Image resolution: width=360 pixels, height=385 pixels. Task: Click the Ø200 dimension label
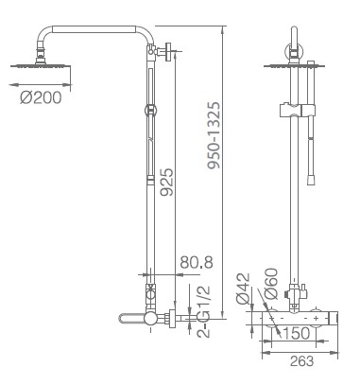(41, 97)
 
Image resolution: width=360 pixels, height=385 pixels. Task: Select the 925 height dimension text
(166, 182)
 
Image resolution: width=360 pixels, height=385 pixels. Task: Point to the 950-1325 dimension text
(214, 135)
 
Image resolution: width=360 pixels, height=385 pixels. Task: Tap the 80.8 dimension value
(197, 262)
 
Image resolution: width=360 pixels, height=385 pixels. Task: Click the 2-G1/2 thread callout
(203, 311)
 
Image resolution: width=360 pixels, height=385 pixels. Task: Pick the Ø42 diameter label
(244, 289)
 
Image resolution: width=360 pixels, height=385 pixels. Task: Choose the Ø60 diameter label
(271, 284)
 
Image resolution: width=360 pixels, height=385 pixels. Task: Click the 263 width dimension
(301, 361)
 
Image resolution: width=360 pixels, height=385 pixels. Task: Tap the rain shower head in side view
(41, 65)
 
